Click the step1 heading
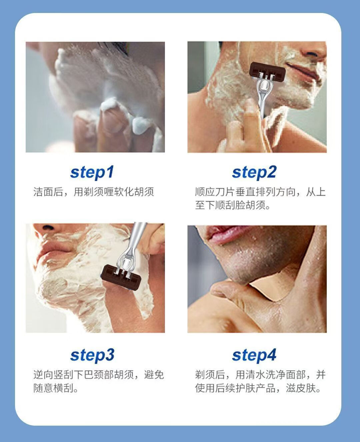coord(92,172)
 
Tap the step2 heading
coord(254,172)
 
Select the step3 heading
coord(92,355)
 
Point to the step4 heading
coord(254,355)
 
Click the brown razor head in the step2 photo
coord(267,71)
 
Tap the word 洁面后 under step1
coord(48,192)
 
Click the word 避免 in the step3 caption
coord(154,375)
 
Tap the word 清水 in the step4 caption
coord(256,375)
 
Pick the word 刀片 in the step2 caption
coord(225,192)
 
